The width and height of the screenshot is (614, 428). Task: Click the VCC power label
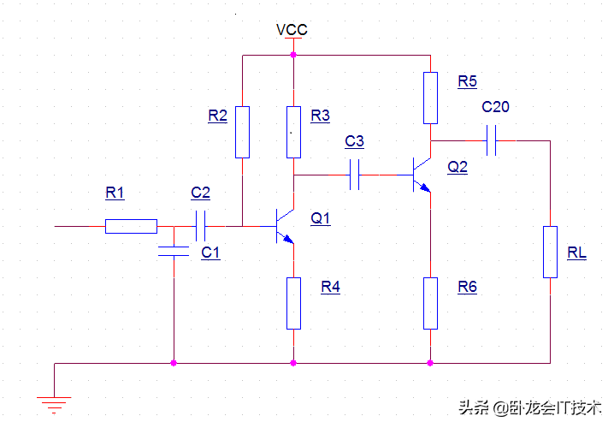(x=292, y=30)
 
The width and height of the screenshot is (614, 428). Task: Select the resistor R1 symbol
(x=131, y=226)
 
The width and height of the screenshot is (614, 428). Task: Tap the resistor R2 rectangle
(x=242, y=132)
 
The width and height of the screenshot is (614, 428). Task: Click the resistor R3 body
(x=293, y=132)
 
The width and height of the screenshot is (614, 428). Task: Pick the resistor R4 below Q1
(x=293, y=303)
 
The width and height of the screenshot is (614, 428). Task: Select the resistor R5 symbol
(x=430, y=98)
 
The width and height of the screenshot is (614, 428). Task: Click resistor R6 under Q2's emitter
(x=430, y=303)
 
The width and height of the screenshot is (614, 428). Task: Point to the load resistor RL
(x=550, y=252)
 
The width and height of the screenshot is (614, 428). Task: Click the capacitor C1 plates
(x=174, y=251)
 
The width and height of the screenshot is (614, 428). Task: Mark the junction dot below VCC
(x=293, y=55)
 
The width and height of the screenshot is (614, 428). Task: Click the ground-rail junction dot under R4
(x=293, y=363)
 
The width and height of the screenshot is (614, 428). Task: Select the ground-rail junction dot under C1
(x=174, y=363)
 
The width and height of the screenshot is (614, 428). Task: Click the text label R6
(x=467, y=287)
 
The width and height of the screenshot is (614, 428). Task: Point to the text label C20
(x=495, y=107)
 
